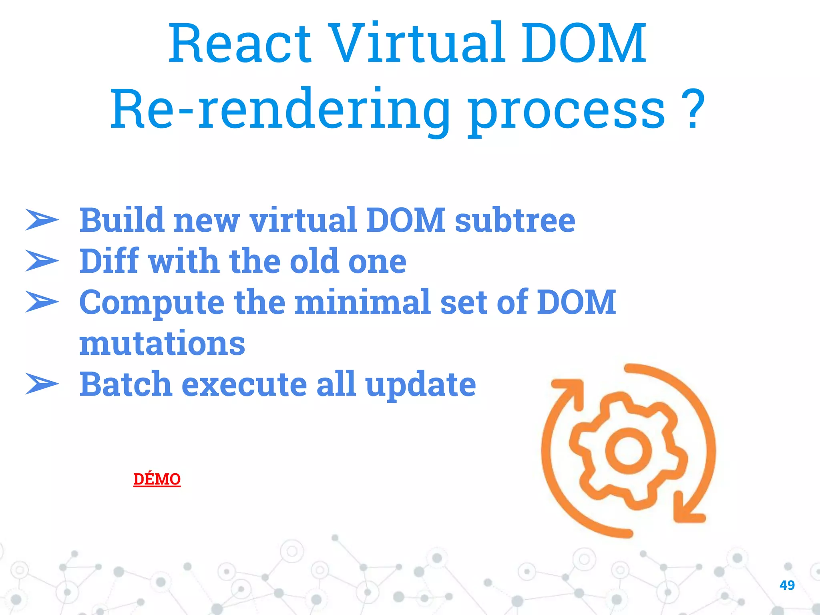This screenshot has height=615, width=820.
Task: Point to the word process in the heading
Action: point(566,112)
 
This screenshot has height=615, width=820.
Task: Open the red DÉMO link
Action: point(157,479)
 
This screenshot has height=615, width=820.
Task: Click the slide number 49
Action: point(787,585)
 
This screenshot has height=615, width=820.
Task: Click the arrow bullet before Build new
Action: point(42,220)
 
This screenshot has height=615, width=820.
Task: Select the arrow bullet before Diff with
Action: point(42,261)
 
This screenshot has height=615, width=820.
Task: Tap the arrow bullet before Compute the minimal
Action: point(42,302)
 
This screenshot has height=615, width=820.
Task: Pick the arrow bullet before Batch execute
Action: point(42,384)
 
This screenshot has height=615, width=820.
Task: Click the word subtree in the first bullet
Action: point(515,221)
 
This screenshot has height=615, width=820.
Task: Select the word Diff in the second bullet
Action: point(109,261)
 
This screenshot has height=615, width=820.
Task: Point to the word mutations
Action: point(162,344)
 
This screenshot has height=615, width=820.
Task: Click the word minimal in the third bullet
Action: point(362,302)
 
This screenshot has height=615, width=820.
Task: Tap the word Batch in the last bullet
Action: point(126,384)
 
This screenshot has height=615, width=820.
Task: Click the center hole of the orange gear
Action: point(628,450)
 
